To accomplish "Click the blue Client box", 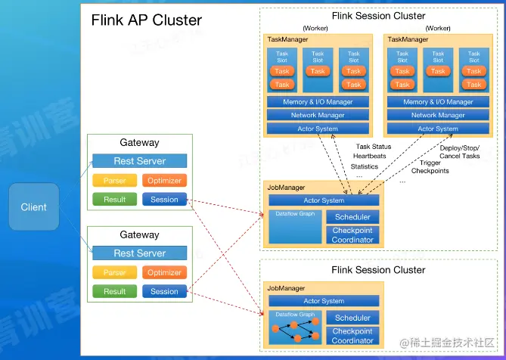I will click(x=33, y=206).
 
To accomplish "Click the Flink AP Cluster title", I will click(x=147, y=20).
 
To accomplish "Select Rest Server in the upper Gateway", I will click(x=139, y=161).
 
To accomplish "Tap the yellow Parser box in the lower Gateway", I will click(x=114, y=272).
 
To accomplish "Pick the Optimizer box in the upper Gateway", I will click(x=164, y=181).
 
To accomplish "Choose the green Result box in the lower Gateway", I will click(x=114, y=291).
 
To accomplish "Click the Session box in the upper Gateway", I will click(x=164, y=200).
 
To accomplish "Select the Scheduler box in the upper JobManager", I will click(x=352, y=217).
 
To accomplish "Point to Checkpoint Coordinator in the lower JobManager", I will click(x=352, y=336).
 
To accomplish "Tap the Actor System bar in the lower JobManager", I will click(x=323, y=301).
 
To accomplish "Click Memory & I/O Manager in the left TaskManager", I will click(x=318, y=102).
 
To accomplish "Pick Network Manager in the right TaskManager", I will click(x=438, y=116).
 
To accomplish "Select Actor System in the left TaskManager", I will click(x=318, y=129).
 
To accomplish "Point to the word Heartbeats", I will click(x=369, y=157).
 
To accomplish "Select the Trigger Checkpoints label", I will click(x=430, y=166).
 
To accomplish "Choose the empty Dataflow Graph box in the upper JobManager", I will click(x=294, y=227).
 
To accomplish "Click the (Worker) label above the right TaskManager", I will click(x=438, y=29).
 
